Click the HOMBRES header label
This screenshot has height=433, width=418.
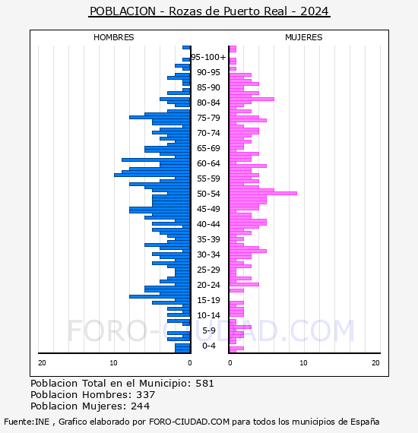coord(113,37)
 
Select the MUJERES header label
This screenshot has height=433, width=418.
coord(304,37)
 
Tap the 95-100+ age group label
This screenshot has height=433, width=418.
coord(208,57)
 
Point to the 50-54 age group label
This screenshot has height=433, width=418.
coord(208,194)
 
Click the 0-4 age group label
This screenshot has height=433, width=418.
coord(209,346)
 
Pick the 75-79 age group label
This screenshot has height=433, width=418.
coord(208,118)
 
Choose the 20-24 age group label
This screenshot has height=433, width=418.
coord(208,285)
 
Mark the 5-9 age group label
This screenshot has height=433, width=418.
coord(209,330)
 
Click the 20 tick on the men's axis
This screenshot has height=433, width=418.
coord(42,363)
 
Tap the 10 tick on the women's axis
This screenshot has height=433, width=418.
coord(303,363)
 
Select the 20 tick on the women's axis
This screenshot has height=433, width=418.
coord(375,363)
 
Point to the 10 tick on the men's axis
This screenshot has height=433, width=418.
coord(113,363)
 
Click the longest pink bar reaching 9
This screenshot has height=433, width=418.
coord(263,193)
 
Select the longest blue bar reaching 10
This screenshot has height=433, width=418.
coord(152,175)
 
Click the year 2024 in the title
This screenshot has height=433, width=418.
coord(315,11)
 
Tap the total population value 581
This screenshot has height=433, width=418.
coord(204,384)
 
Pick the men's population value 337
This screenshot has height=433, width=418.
coord(146,395)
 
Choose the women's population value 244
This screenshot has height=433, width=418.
coord(141,406)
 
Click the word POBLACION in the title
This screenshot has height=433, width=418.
coord(122,11)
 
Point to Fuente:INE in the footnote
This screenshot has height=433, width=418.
coord(27,422)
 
